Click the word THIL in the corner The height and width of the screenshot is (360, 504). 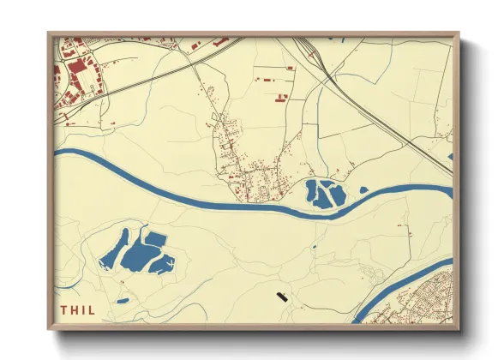click(x=78, y=310)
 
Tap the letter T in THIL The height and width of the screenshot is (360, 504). click(x=63, y=310)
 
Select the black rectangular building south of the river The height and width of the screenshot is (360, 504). click(x=282, y=297)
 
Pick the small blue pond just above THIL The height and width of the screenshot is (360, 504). click(x=123, y=301)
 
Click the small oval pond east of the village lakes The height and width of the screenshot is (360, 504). click(x=363, y=189)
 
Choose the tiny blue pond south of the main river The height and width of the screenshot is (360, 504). click(x=314, y=247)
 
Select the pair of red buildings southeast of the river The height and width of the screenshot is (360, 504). click(x=405, y=228)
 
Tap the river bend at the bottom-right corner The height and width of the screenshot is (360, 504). click(x=377, y=305)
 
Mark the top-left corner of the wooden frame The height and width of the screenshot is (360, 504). click(x=50, y=34)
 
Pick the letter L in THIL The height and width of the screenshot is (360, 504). click(x=93, y=310)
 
